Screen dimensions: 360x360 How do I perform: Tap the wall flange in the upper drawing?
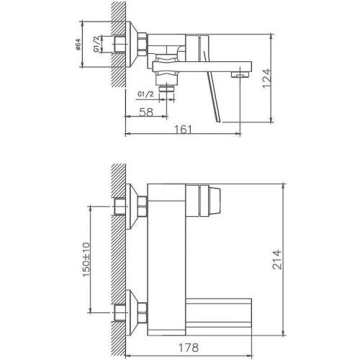point(132,46)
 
